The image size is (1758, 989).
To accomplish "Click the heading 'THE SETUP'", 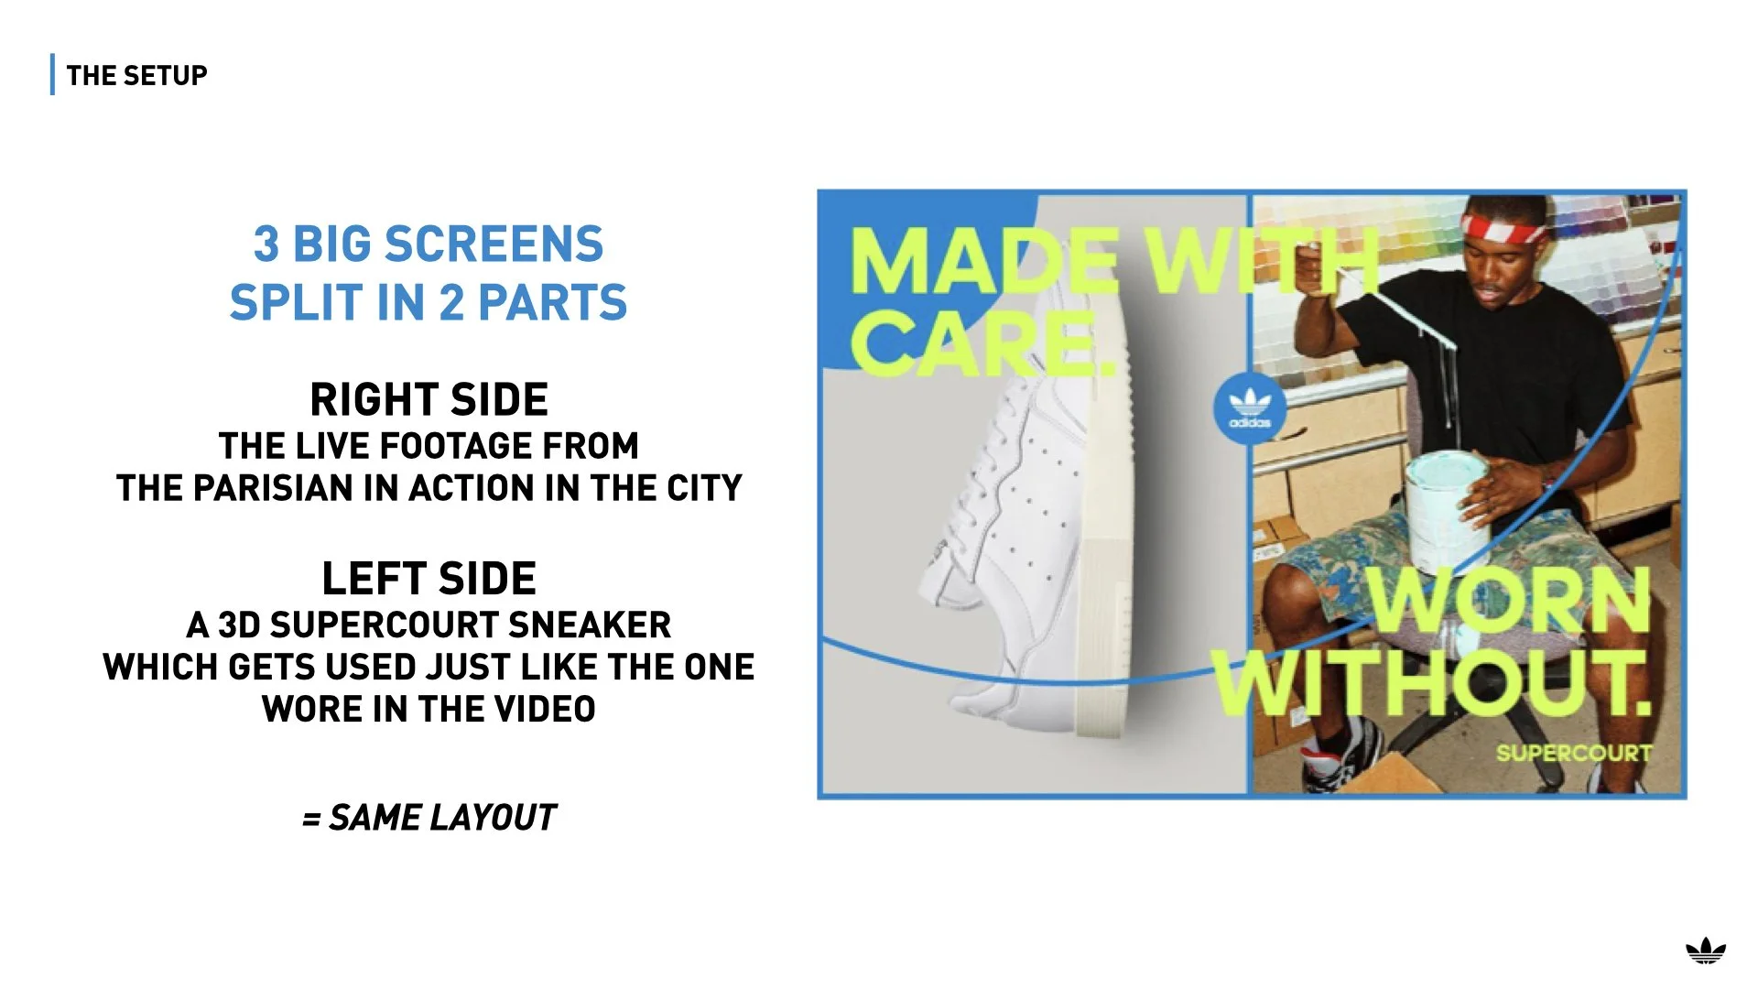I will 136,75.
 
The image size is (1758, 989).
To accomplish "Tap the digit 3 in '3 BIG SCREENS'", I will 266,245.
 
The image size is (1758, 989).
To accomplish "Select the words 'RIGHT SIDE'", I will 429,400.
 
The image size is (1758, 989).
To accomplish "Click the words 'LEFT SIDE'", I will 429,579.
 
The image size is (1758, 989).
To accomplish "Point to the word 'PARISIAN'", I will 272,488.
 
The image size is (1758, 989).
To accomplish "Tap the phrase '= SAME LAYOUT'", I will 429,817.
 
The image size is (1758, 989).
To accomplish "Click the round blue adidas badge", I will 1249,409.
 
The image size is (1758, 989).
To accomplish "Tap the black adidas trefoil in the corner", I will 1705,952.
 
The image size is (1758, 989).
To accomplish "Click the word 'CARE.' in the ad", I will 984,343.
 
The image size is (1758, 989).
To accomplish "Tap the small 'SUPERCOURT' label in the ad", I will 1574,753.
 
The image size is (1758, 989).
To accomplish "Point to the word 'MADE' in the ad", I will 984,261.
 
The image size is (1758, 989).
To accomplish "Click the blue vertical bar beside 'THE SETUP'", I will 52,75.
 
